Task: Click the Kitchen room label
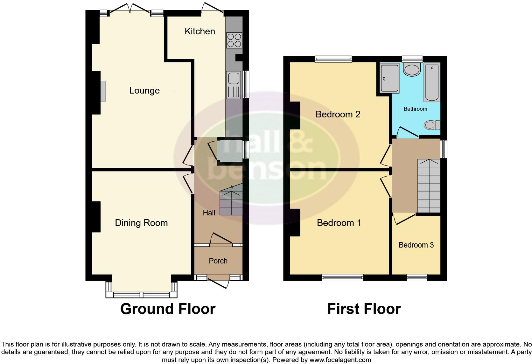click(200, 31)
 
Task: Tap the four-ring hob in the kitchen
click(234, 40)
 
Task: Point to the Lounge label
click(144, 91)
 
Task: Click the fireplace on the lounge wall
click(103, 91)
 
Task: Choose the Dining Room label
click(141, 223)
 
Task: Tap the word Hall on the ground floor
click(209, 213)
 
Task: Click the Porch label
click(218, 261)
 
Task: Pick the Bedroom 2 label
click(338, 114)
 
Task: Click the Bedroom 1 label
click(339, 223)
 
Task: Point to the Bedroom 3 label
click(416, 245)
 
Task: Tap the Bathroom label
click(415, 109)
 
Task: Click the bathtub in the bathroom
click(432, 82)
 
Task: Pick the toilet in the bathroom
click(432, 125)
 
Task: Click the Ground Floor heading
click(168, 309)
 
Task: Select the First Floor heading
click(364, 309)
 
